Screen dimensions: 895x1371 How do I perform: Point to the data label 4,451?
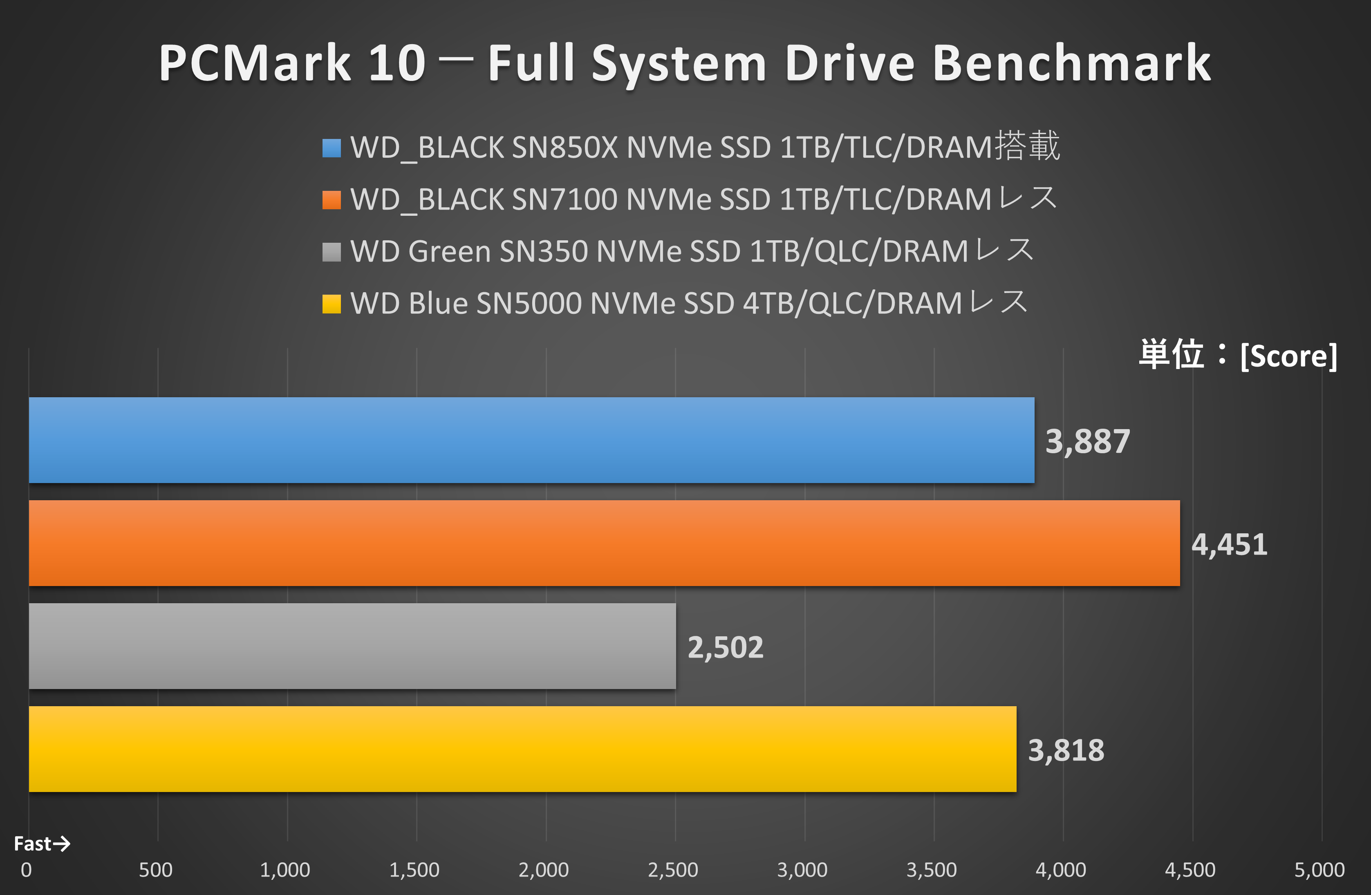point(1229,545)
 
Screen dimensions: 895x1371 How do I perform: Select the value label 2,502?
point(725,648)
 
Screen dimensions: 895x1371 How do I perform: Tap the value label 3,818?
point(1066,750)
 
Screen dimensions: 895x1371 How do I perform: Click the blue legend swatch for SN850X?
point(331,148)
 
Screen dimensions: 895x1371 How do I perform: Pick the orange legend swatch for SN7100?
point(331,200)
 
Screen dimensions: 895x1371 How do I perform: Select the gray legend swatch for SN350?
point(331,252)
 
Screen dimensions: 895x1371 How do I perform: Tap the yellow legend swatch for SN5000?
point(331,304)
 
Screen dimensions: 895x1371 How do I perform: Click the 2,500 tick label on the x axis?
point(673,870)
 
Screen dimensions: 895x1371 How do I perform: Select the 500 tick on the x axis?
point(155,870)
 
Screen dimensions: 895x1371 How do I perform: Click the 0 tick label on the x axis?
point(27,870)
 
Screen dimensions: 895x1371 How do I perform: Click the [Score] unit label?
point(1288,356)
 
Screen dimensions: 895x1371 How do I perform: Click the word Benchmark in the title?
point(1071,63)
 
